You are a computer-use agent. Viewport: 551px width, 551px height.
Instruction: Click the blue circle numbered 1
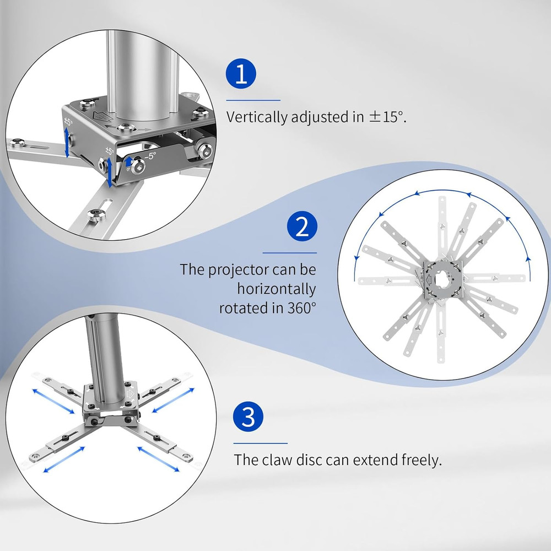click(x=241, y=74)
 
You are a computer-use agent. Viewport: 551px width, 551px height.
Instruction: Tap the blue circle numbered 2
click(x=302, y=226)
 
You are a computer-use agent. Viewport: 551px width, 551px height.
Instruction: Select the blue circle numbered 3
click(x=248, y=417)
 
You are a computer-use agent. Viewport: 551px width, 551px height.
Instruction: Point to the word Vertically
click(x=257, y=117)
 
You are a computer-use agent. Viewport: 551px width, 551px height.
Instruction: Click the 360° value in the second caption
click(x=302, y=308)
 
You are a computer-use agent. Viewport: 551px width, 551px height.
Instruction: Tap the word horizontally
click(x=277, y=289)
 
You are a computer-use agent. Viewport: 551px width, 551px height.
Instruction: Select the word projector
click(x=239, y=270)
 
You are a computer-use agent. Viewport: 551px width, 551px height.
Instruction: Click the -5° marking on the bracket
click(x=150, y=156)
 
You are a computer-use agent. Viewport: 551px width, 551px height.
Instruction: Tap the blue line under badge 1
click(x=253, y=100)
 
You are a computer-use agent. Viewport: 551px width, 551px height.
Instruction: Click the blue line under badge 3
click(x=261, y=444)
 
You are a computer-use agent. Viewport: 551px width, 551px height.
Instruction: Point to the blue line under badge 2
click(x=290, y=253)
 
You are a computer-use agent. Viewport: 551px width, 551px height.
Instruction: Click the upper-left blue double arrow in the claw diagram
click(x=53, y=401)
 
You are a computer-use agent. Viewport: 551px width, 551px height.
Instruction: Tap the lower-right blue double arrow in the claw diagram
click(x=158, y=459)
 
